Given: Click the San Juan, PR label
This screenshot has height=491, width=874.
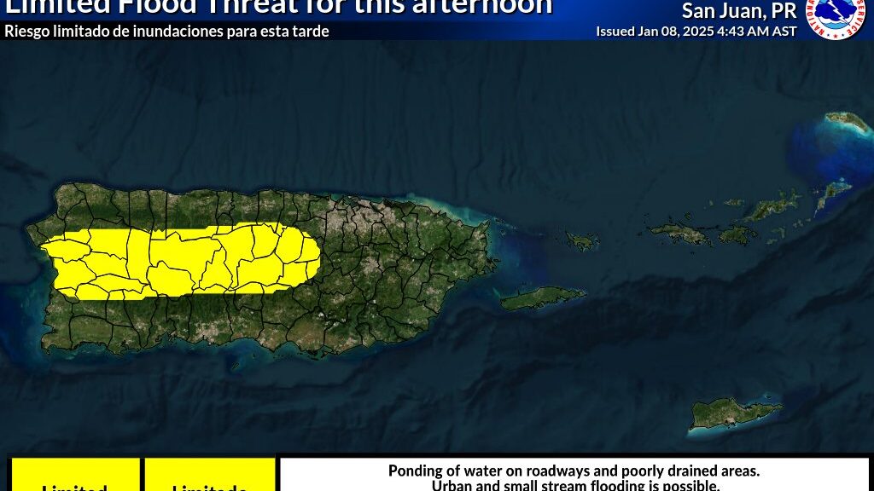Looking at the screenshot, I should [x=739, y=11].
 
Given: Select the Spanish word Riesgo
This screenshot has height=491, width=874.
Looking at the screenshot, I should [x=26, y=32].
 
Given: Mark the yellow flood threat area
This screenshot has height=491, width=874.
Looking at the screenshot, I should [x=179, y=260].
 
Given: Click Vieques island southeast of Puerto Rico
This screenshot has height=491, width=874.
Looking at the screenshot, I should [x=543, y=297].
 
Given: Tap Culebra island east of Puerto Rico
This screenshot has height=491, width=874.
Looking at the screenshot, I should [x=583, y=241].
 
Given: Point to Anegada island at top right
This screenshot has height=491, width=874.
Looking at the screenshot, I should [x=848, y=122].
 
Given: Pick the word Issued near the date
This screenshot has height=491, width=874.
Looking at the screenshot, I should [x=615, y=31].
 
